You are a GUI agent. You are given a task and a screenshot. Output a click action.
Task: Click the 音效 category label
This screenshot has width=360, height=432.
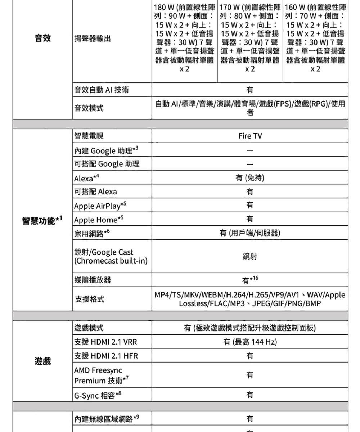pos(42,39)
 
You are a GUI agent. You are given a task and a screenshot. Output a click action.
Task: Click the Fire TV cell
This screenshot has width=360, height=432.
pos(250,136)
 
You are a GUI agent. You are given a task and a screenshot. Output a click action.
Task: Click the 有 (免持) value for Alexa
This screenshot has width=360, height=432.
pos(250,178)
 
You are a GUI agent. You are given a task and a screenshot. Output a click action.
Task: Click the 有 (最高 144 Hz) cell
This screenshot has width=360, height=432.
pos(250,342)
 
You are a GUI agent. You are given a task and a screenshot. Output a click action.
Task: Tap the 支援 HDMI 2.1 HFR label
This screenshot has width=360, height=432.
pos(106,356)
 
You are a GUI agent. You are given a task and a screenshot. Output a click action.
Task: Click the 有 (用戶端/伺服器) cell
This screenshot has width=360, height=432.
pos(250,233)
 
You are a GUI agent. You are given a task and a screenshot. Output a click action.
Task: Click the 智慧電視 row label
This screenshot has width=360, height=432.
pos(89,136)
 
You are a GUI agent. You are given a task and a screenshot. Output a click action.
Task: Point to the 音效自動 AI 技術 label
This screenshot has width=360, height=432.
pos(101,90)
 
